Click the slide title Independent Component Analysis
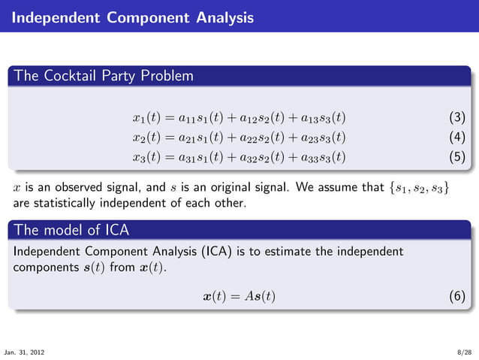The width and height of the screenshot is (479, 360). click(132, 17)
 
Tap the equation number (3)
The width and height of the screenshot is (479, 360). click(456, 118)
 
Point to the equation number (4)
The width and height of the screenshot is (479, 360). click(456, 138)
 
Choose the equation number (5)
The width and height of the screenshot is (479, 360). click(456, 157)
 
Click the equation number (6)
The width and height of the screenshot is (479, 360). click(456, 296)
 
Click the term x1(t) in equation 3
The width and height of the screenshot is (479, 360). click(146, 118)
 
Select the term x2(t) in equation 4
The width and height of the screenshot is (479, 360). click(146, 138)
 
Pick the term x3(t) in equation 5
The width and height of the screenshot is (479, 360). click(146, 157)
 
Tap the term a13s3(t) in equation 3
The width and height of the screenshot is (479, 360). click(323, 118)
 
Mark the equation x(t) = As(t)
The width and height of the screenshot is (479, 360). click(239, 296)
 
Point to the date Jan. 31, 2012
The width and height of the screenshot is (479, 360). click(23, 352)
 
